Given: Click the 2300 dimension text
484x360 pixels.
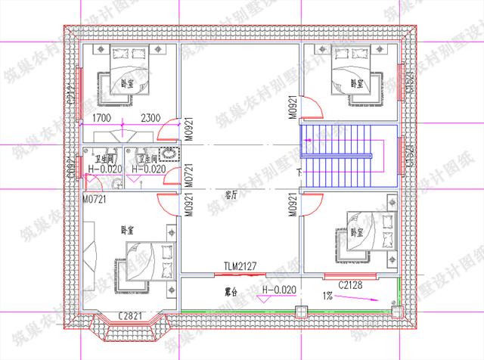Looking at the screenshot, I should (x=150, y=118).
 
